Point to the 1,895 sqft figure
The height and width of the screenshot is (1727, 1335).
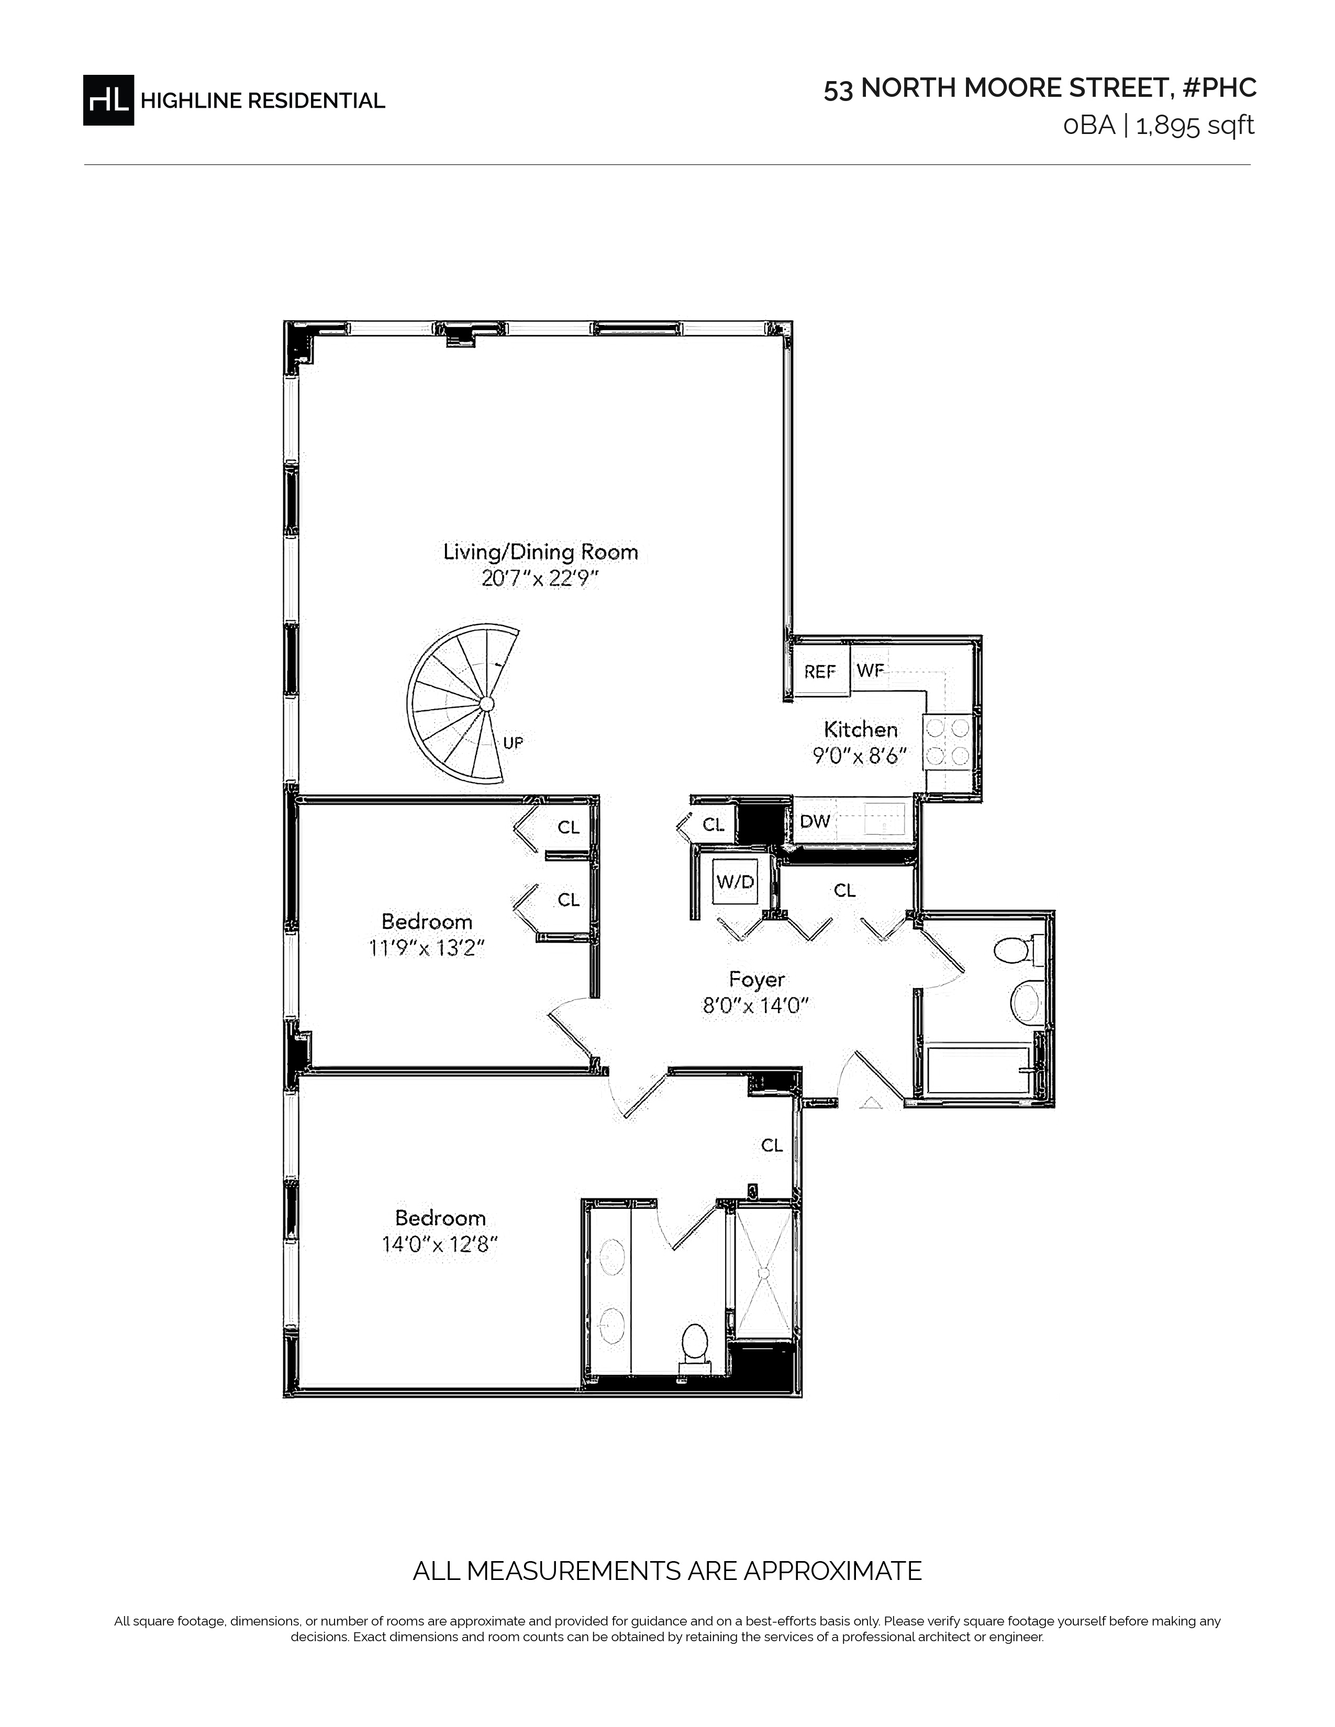(1195, 126)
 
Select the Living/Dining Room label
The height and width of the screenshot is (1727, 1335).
(540, 552)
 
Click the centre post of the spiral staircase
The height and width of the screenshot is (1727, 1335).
(487, 704)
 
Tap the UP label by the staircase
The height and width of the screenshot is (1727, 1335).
(513, 743)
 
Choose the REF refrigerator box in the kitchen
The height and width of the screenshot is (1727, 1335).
(821, 670)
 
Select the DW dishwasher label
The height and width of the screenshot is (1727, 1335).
(815, 822)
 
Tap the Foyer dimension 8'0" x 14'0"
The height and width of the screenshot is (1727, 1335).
(755, 1006)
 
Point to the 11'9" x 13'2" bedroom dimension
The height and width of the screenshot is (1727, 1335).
(426, 947)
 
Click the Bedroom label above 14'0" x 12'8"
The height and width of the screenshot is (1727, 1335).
(440, 1218)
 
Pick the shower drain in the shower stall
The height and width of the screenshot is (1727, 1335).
(764, 1273)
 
